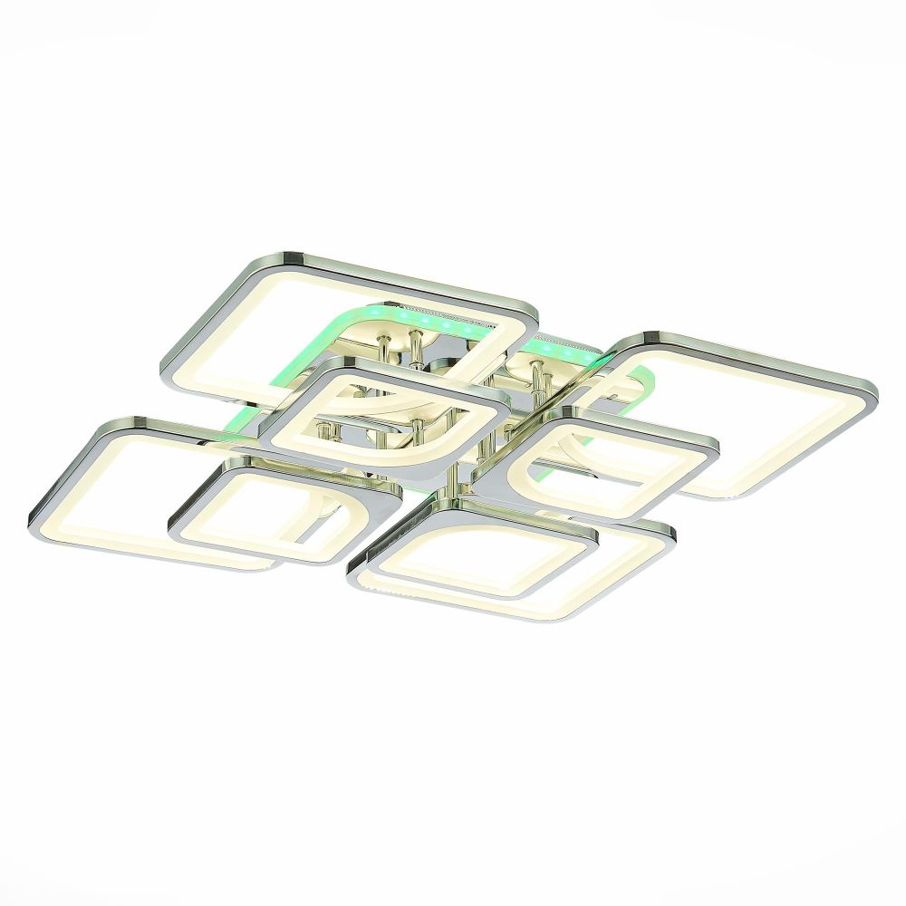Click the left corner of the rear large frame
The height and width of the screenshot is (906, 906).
tap(168, 371)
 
